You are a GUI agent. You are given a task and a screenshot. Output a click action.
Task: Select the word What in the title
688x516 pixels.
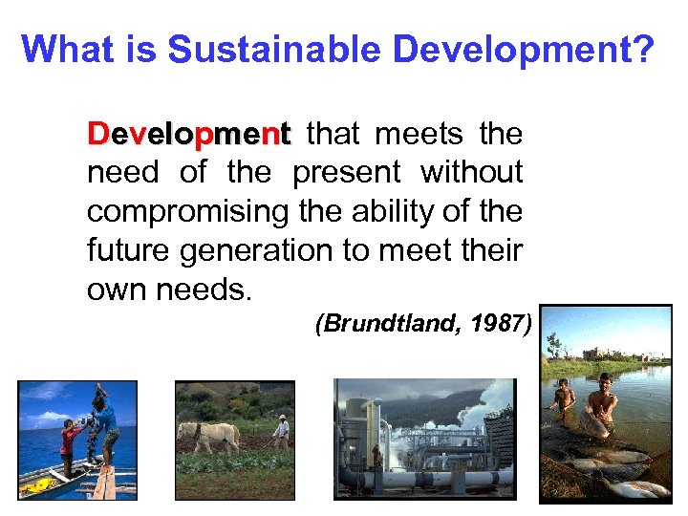(x=61, y=50)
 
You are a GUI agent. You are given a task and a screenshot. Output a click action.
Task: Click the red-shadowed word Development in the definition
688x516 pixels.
(x=188, y=135)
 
